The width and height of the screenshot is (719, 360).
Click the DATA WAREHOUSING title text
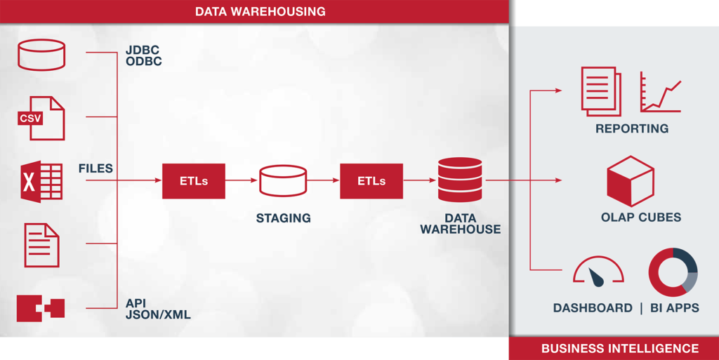tap(260, 12)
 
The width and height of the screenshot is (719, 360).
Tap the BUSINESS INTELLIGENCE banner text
tap(619, 349)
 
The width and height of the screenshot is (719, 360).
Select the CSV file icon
tap(41, 118)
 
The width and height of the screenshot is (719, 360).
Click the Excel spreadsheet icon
tap(41, 181)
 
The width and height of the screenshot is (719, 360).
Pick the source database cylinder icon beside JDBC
tap(41, 55)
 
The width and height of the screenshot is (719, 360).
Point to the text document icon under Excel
tap(41, 245)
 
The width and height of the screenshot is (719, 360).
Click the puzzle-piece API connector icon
tap(41, 308)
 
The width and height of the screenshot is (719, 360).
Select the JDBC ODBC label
tap(143, 56)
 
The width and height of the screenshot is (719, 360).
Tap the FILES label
tap(95, 169)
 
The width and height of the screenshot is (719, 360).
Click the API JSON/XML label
tap(157, 309)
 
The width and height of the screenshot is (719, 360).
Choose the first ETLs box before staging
tap(194, 181)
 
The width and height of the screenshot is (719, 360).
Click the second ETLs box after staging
tap(371, 181)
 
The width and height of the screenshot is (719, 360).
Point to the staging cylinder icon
tap(283, 181)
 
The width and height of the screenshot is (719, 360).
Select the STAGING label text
tap(283, 218)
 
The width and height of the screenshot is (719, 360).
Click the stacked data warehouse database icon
tap(460, 180)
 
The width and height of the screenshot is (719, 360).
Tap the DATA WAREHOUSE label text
tap(460, 224)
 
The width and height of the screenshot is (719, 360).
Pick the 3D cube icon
tap(630, 181)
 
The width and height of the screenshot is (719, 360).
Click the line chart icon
tap(660, 92)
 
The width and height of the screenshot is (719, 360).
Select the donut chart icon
tap(672, 272)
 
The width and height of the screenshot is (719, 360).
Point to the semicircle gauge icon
tap(598, 269)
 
